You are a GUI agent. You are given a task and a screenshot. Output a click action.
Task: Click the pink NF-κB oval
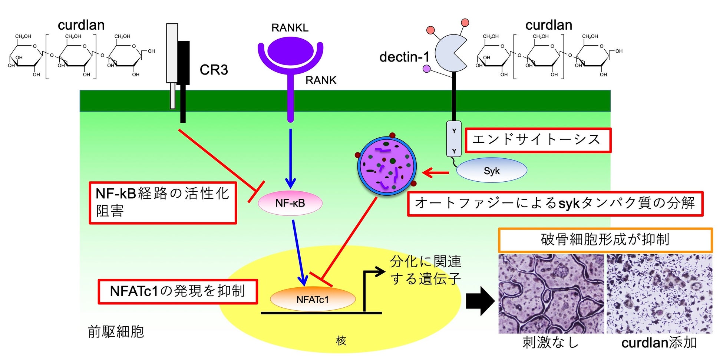click(x=290, y=203)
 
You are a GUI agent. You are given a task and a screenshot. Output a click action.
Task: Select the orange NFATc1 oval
click(x=313, y=299)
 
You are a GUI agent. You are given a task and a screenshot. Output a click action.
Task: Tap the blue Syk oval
click(x=491, y=171)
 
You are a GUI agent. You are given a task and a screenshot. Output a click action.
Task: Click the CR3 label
click(x=214, y=70)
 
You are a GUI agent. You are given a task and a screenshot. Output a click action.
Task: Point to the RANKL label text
click(x=290, y=28)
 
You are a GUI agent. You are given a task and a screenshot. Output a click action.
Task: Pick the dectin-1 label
click(x=404, y=57)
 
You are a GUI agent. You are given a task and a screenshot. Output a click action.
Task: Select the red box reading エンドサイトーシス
click(x=538, y=140)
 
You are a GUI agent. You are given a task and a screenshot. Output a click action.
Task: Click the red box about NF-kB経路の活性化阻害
click(x=163, y=202)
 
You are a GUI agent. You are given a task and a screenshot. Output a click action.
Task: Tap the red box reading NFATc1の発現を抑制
click(x=178, y=291)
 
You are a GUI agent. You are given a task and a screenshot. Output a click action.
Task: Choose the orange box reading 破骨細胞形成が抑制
click(x=605, y=240)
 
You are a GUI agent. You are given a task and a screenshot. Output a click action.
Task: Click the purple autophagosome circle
click(x=387, y=166)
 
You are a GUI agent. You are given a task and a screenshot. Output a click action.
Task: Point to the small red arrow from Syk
click(x=435, y=172)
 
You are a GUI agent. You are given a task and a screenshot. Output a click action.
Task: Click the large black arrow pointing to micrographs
click(x=480, y=301)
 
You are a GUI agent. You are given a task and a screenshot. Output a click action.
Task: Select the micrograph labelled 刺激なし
click(x=551, y=294)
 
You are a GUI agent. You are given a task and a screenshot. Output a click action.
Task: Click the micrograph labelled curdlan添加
click(x=659, y=294)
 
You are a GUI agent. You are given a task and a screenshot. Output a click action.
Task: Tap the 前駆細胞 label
click(x=116, y=331)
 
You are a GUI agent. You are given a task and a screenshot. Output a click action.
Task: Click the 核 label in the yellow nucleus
click(x=341, y=340)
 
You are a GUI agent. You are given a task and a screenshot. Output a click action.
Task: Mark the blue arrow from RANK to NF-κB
click(x=290, y=158)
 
